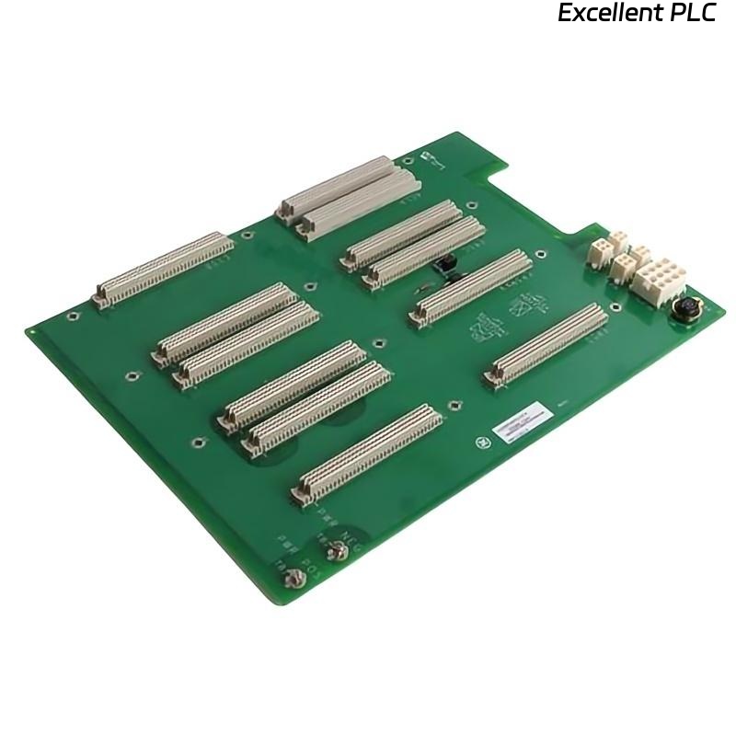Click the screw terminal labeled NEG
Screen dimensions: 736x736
[338, 551]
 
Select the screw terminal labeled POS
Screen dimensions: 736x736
[295, 577]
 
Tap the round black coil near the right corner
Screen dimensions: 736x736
[685, 308]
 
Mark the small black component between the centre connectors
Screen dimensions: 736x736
[446, 269]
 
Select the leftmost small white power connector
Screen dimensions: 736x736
[600, 251]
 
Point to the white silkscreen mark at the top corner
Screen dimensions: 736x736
[429, 158]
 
